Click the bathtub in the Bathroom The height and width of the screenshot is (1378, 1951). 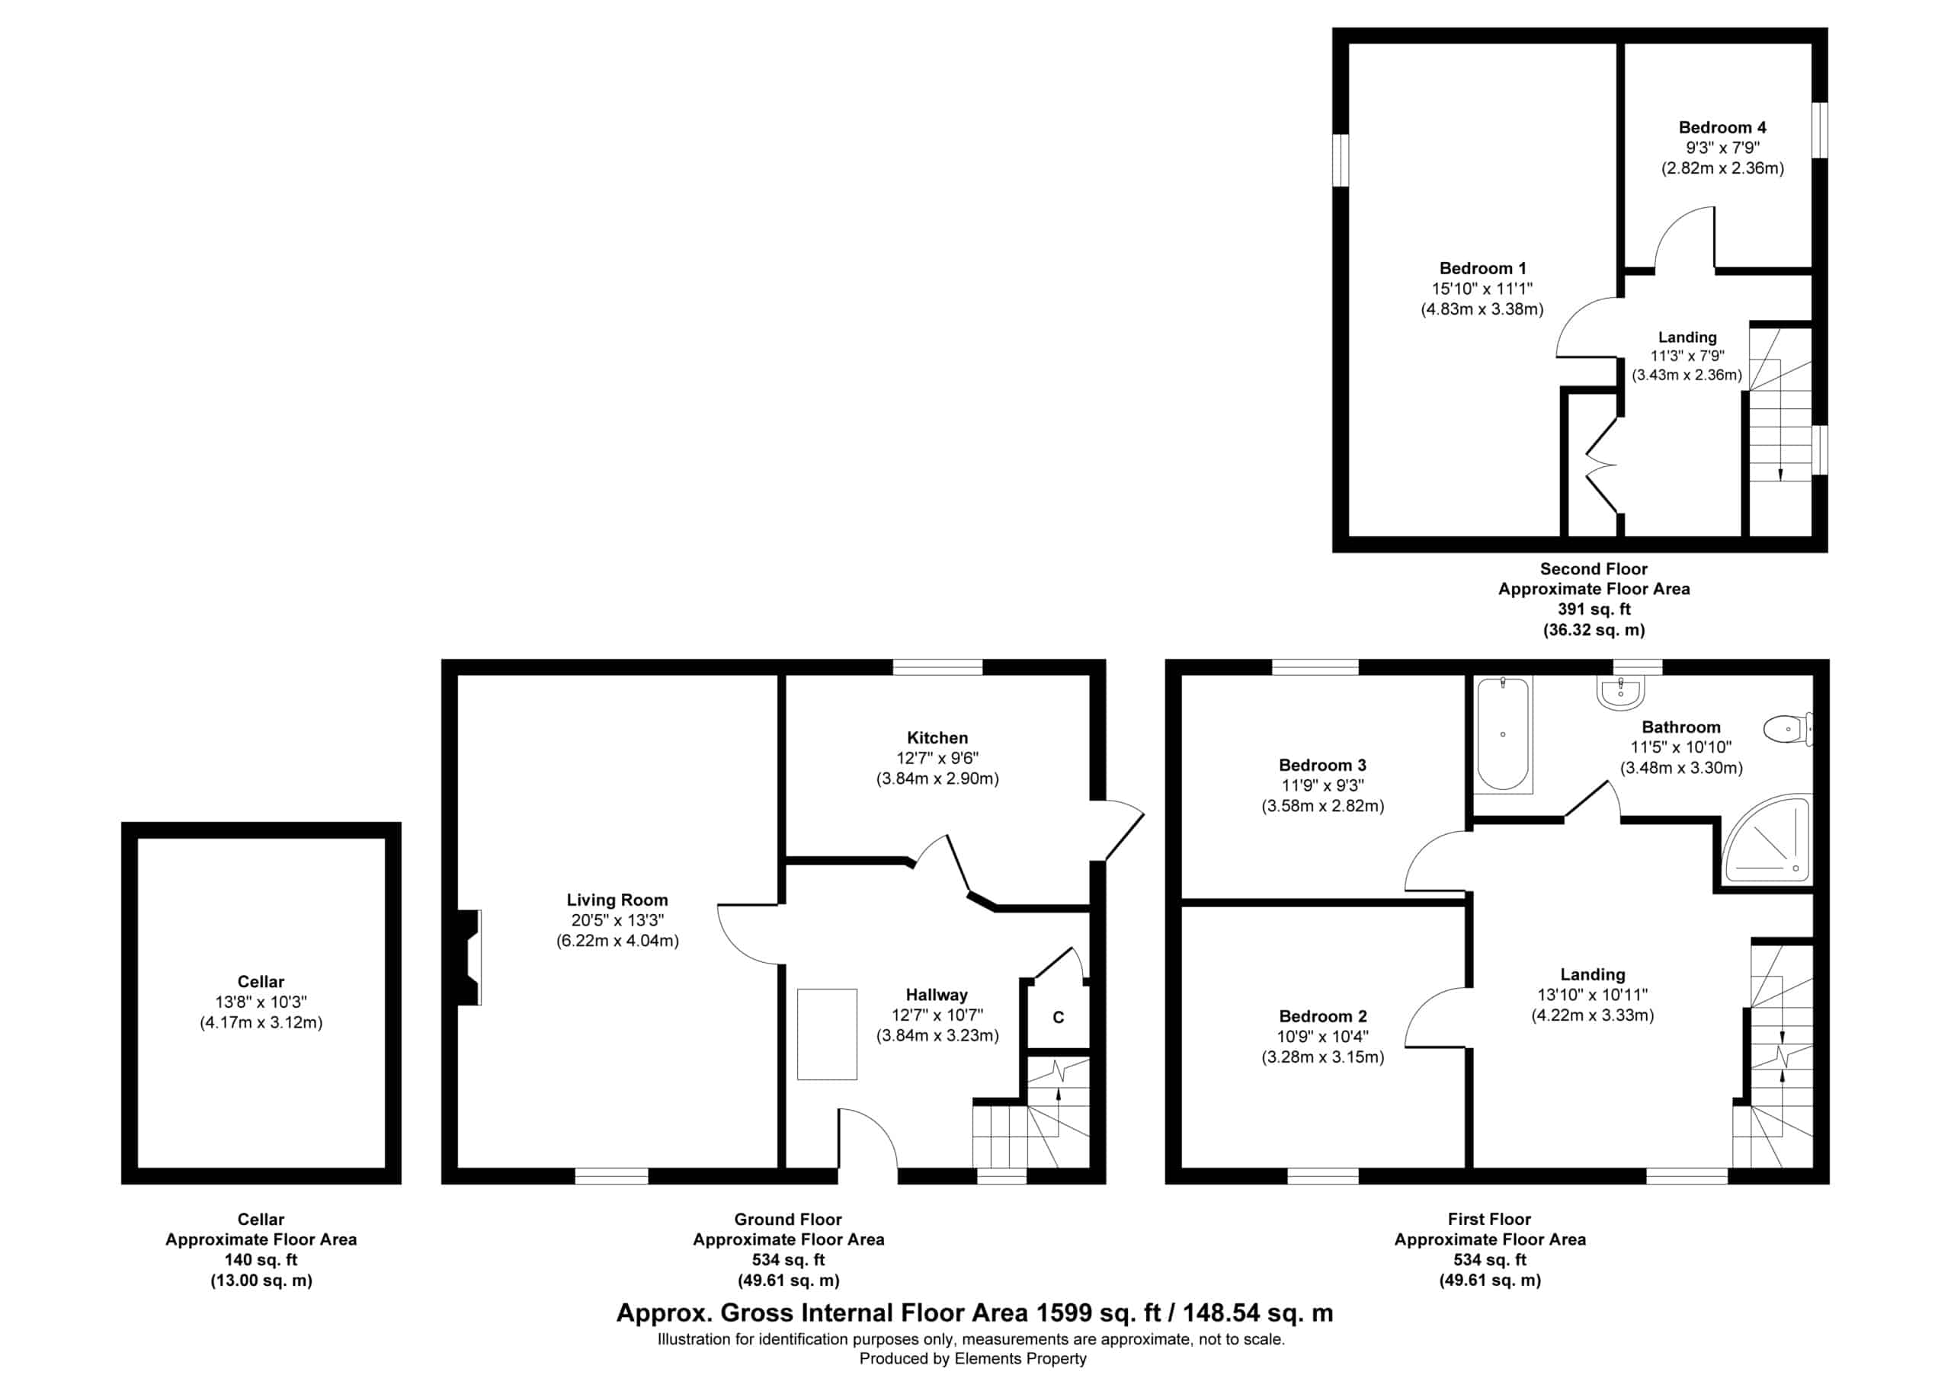pyautogui.click(x=1502, y=735)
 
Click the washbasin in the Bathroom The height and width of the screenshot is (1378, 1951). pyautogui.click(x=1620, y=692)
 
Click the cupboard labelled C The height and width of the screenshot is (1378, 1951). pyautogui.click(x=1058, y=1017)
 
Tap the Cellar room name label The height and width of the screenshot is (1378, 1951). pyautogui.click(x=261, y=981)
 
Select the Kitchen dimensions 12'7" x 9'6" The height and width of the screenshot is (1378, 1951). pyautogui.click(x=937, y=758)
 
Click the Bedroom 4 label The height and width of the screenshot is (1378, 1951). pyautogui.click(x=1722, y=127)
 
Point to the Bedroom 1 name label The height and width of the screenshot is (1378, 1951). pyautogui.click(x=1483, y=268)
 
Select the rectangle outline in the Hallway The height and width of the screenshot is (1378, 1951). pyautogui.click(x=827, y=1034)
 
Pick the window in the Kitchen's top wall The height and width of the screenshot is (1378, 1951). pyautogui.click(x=938, y=667)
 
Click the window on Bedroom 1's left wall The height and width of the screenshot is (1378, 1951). pyautogui.click(x=1340, y=159)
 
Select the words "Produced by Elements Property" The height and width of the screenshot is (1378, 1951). pyautogui.click(x=973, y=1358)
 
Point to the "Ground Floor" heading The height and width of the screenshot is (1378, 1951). pyautogui.click(x=788, y=1219)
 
